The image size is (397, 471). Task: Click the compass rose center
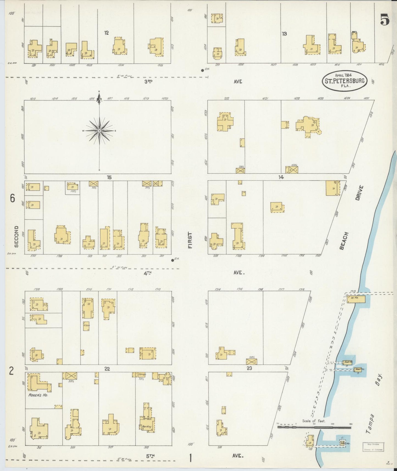[99, 131]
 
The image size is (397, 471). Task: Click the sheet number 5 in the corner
[385, 20]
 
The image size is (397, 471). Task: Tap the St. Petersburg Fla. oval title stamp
[345, 81]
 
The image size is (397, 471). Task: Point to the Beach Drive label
[352, 217]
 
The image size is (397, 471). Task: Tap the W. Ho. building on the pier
[356, 299]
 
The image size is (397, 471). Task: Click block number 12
[106, 33]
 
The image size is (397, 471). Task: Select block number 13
[284, 34]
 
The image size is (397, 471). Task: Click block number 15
[109, 178]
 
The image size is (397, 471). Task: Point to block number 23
[249, 369]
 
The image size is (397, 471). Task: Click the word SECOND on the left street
[16, 236]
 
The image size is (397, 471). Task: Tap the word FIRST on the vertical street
[190, 240]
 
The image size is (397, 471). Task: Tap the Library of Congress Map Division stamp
[373, 447]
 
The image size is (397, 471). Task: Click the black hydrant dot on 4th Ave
[173, 260]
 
